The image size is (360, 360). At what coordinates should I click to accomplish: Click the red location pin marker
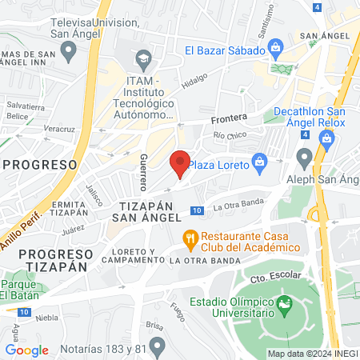(181, 163)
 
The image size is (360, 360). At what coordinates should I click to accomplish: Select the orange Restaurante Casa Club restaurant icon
(190, 238)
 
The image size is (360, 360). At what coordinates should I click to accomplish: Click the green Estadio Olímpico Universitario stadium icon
(283, 304)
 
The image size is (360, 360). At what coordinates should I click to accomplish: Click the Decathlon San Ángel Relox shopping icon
(326, 138)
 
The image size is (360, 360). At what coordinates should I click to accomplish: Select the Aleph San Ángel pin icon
(304, 155)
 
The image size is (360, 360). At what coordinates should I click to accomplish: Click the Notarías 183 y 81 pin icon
(157, 347)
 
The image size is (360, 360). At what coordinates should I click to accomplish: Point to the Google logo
(26, 350)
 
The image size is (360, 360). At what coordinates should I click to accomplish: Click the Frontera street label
(229, 118)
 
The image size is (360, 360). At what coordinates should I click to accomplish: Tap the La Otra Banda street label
(239, 207)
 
